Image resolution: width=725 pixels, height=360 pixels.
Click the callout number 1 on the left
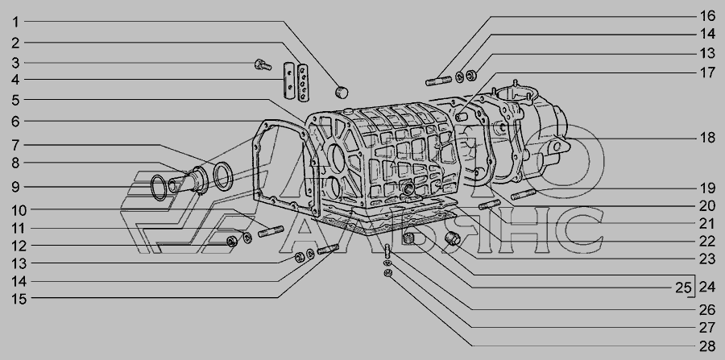[x=15, y=22]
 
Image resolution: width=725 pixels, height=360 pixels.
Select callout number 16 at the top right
[x=707, y=16]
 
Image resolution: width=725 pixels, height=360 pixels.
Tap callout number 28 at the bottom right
[x=707, y=346]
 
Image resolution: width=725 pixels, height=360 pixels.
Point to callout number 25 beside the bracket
[x=683, y=288]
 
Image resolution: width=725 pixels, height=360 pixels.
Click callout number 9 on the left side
[x=15, y=187]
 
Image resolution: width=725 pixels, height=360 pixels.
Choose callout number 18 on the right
[x=707, y=138]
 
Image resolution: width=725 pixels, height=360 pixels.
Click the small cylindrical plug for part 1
[x=342, y=92]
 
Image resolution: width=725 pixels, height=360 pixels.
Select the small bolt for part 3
[x=263, y=64]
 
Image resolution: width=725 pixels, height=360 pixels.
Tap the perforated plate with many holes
[x=304, y=82]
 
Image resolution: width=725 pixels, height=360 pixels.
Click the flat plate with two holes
[x=288, y=80]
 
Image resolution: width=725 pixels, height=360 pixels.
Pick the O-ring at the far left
[x=159, y=188]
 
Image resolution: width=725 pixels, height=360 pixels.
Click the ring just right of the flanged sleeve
[x=223, y=176]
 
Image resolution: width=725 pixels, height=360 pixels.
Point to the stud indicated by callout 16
[x=438, y=81]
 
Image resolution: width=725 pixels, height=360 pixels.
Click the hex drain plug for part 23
[x=452, y=239]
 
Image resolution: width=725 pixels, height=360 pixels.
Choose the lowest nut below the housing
[x=388, y=273]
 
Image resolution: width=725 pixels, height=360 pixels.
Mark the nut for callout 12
[x=232, y=241]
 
